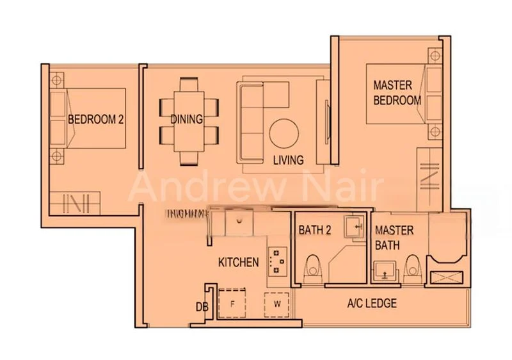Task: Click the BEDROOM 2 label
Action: click(95, 119)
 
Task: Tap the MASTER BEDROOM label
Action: click(397, 92)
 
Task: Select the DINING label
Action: click(186, 119)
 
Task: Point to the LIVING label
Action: click(287, 160)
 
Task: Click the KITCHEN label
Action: click(238, 262)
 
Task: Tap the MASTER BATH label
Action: click(394, 237)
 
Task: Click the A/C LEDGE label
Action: click(371, 303)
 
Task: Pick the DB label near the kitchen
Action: click(202, 307)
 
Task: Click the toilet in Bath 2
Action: click(312, 269)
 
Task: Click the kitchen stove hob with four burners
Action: click(277, 261)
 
